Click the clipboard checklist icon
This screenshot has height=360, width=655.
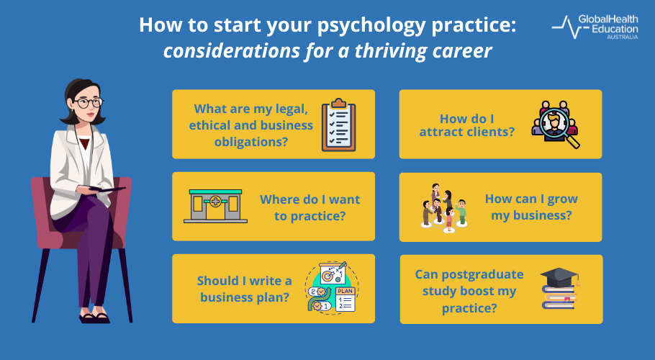click(x=337, y=124)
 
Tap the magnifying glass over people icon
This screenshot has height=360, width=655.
click(x=556, y=125)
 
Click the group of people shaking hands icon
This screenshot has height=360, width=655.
click(x=443, y=207)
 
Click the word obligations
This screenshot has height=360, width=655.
click(x=252, y=140)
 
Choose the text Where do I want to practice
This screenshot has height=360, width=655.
click(x=310, y=207)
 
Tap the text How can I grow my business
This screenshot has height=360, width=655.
click(x=531, y=207)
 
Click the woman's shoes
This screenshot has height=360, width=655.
click(x=94, y=317)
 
